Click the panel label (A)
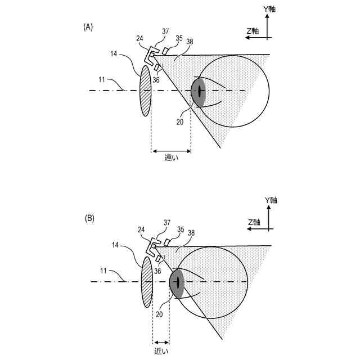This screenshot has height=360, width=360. (x=88, y=26)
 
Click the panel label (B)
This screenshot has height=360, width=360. (x=89, y=217)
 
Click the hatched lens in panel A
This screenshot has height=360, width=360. (x=145, y=91)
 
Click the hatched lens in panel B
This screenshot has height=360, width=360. (x=147, y=281)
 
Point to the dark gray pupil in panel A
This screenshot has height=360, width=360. (x=199, y=91)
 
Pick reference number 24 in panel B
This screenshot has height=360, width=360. (x=141, y=229)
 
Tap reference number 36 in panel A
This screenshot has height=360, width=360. (x=156, y=80)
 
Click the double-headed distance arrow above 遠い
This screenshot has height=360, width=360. (x=171, y=151)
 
